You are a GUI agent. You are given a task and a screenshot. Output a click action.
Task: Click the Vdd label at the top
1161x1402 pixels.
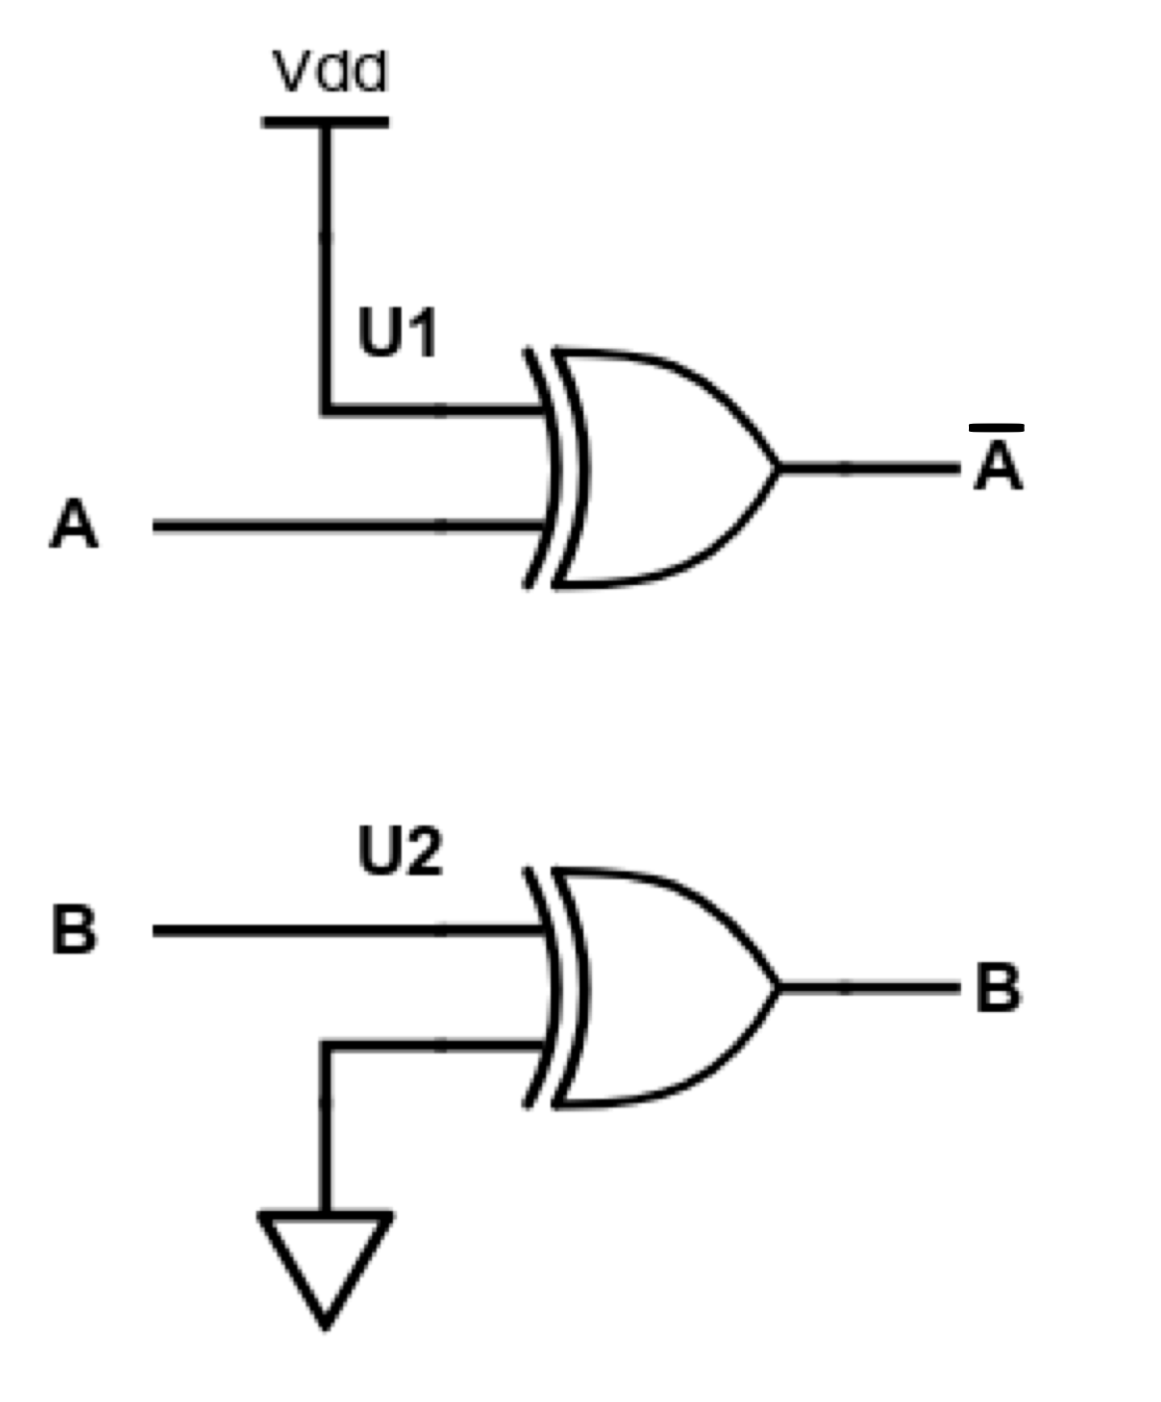tap(329, 73)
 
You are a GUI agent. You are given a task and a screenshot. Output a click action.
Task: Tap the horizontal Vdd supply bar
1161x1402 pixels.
tap(325, 122)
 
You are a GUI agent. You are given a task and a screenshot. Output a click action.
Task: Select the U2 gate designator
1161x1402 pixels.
tap(399, 853)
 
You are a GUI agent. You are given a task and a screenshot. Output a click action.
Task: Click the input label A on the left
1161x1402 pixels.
tap(74, 525)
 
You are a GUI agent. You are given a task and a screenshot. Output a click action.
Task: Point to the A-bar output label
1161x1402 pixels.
tap(998, 466)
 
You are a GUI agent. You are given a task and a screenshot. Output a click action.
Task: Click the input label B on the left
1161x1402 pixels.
tap(74, 931)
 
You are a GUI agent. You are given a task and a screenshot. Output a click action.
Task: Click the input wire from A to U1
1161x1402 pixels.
tap(348, 525)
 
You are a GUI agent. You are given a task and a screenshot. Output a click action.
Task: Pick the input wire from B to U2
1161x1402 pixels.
tap(348, 930)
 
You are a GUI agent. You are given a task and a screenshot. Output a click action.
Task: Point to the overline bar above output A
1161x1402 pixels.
tap(997, 428)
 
